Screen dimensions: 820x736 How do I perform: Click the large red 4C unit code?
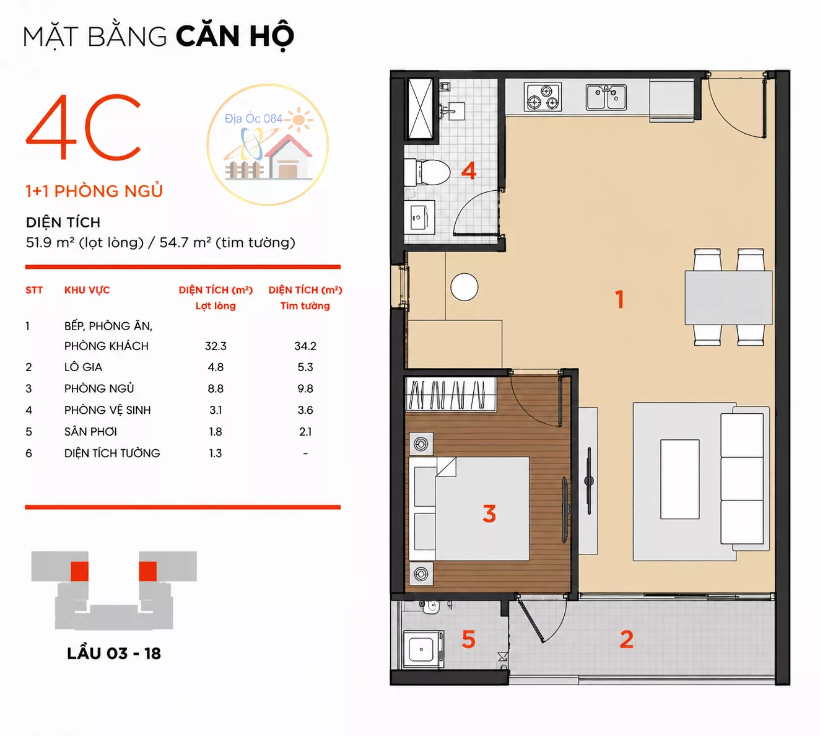tap(84, 127)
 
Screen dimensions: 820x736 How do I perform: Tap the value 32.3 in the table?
tap(216, 346)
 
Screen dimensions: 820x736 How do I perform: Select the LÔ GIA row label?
tap(83, 367)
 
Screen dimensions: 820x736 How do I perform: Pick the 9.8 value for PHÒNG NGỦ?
tap(305, 388)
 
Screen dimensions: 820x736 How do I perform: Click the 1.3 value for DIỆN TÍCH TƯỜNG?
tap(216, 453)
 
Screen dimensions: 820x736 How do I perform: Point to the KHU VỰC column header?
tap(87, 290)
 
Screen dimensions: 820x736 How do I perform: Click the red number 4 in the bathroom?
tap(469, 170)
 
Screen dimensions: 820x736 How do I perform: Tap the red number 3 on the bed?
tap(489, 514)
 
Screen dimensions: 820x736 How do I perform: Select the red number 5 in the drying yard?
tap(468, 639)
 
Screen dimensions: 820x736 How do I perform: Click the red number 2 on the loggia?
tap(627, 639)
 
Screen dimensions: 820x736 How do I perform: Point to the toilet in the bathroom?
tap(427, 172)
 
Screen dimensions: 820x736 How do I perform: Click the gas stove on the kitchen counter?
tap(543, 97)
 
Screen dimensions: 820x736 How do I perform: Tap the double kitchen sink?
tap(606, 97)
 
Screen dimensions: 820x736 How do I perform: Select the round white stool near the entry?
tap(465, 287)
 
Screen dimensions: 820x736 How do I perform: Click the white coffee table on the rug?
tap(680, 480)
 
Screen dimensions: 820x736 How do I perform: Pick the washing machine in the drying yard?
tap(424, 650)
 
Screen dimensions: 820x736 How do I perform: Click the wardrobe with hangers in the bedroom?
tap(451, 395)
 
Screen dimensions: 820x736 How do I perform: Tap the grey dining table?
tap(728, 297)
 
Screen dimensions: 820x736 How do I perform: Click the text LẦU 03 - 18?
tap(114, 654)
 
